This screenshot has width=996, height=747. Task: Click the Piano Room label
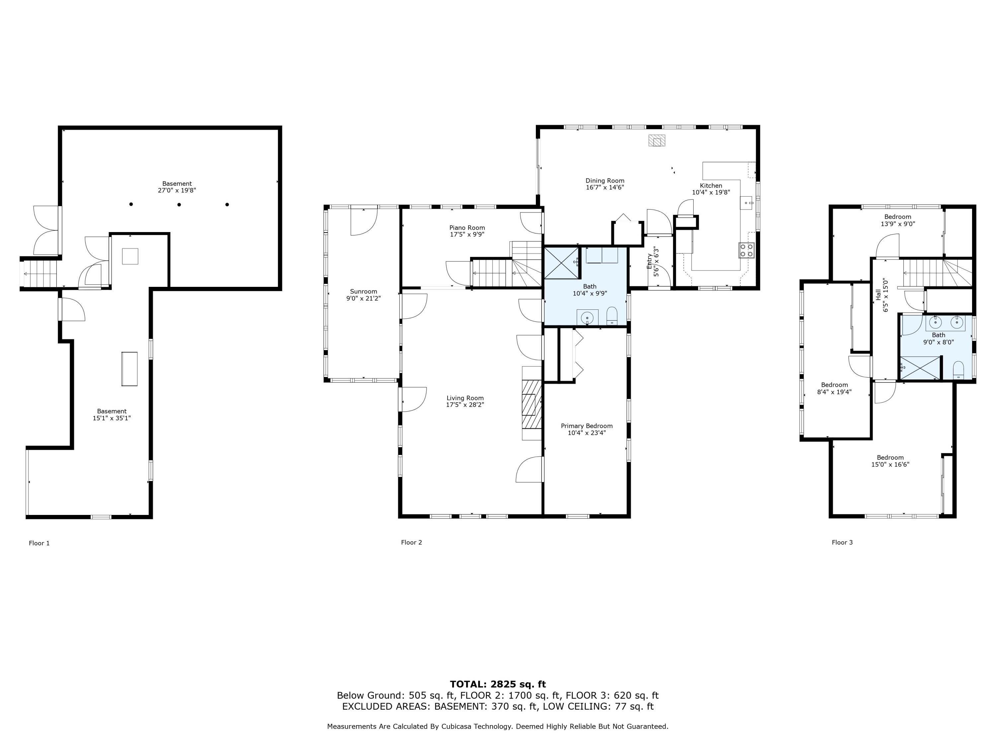[467, 228]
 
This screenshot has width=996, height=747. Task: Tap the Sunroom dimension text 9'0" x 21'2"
[363, 298]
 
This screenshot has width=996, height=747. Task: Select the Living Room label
[465, 398]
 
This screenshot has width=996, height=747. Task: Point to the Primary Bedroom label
[587, 426]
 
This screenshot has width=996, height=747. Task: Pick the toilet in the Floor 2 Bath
[612, 316]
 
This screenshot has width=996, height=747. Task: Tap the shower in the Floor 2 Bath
[561, 263]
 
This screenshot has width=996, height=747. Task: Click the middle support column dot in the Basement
[179, 205]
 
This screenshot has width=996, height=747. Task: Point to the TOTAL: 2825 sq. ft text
[498, 684]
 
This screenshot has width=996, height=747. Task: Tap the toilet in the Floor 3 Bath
[958, 370]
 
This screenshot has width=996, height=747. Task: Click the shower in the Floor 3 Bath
[920, 368]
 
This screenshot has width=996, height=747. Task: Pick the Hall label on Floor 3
[878, 295]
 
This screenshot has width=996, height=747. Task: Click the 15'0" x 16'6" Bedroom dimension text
[890, 465]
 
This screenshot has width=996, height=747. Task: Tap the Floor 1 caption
[39, 543]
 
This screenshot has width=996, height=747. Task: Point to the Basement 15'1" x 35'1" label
[112, 415]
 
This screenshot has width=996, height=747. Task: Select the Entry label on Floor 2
[649, 262]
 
